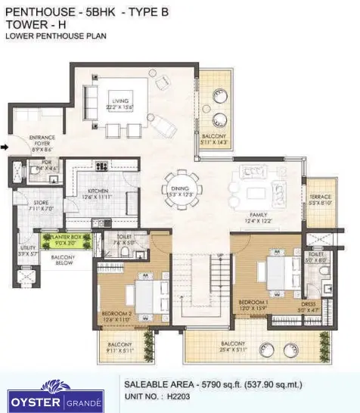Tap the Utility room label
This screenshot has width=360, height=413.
28,250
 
